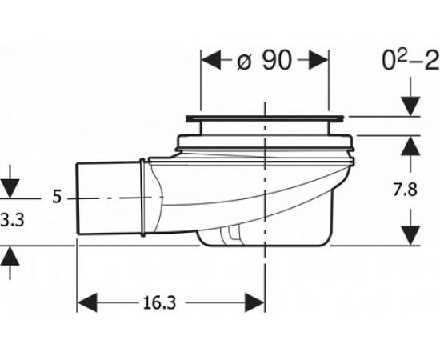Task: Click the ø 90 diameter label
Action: pos(265,61)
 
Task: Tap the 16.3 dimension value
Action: pos(159,303)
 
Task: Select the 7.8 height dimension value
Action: pos(405,190)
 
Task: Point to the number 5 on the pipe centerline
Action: pos(57,197)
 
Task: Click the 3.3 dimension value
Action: pos(12,220)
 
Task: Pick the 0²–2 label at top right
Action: pos(411,61)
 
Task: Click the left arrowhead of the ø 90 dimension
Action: pos(211,60)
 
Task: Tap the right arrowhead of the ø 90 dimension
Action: pos(318,60)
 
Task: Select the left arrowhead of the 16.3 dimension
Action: pos(87,302)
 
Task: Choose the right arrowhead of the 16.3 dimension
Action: pos(254,302)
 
